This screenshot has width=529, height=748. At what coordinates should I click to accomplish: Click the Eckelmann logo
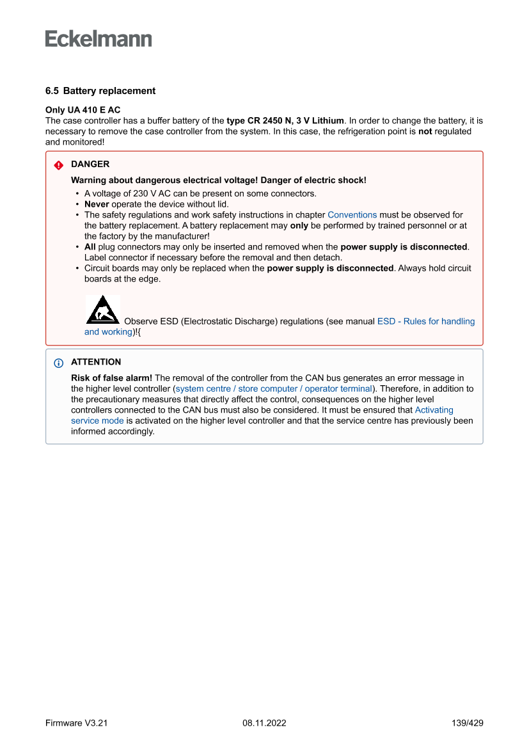coord(99,39)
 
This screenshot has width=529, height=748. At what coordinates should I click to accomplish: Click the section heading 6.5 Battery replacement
coord(100,91)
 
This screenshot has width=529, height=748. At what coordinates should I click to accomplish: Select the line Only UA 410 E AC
coord(83,110)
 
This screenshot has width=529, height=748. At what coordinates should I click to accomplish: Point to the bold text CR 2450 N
coord(271,120)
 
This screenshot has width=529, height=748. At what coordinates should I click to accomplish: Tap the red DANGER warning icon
coord(59,164)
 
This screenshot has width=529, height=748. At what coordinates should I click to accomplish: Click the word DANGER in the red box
coord(90,164)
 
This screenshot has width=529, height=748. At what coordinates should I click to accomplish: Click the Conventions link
coord(352,215)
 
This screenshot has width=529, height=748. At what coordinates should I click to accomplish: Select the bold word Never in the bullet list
coord(97,204)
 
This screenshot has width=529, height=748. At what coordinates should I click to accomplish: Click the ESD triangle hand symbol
coord(102,309)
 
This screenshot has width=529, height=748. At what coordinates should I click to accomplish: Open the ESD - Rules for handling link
coord(426,321)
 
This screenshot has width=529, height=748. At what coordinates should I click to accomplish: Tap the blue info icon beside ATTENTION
coord(59,362)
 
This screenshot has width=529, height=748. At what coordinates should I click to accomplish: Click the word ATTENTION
coord(96,362)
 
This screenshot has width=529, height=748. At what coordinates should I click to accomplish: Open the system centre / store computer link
coord(243,388)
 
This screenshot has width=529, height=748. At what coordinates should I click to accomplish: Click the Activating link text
coord(434,410)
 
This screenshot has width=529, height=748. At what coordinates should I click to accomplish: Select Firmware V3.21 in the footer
coord(77,723)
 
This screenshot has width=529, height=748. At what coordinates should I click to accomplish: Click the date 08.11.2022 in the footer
coord(264,723)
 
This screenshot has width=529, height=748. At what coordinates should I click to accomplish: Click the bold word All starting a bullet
coord(90,247)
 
